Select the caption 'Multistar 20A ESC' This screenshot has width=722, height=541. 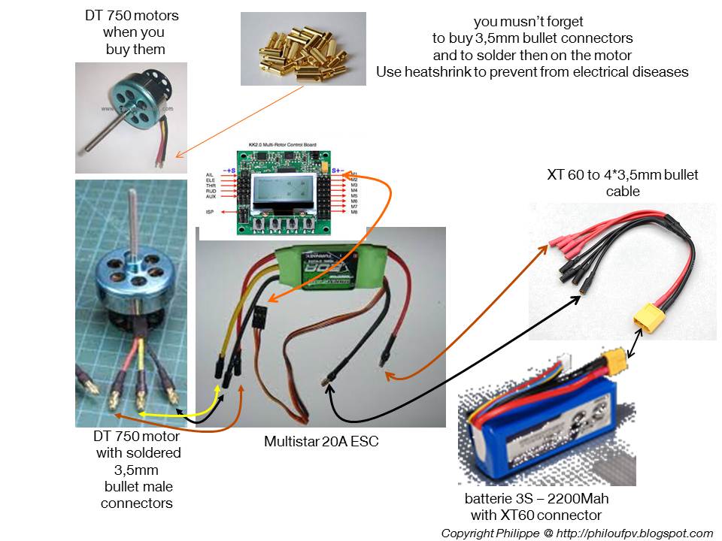coord(320,442)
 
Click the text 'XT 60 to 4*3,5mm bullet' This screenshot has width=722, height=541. coord(622,175)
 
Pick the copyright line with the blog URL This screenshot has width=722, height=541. coord(577,533)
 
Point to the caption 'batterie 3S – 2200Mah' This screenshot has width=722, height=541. coord(535,499)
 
